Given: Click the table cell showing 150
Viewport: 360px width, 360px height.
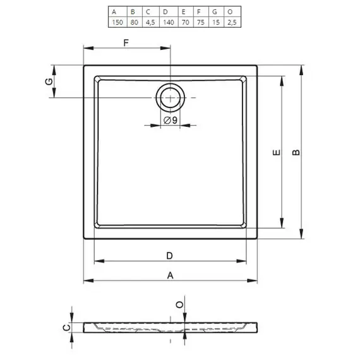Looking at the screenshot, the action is (117, 22).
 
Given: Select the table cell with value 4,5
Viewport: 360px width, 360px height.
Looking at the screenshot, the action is (150, 22).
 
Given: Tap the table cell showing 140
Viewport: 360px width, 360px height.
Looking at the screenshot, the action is (169, 22).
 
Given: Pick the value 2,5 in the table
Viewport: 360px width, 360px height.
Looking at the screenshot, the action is (232, 22).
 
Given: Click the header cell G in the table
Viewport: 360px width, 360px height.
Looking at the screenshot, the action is (215, 12).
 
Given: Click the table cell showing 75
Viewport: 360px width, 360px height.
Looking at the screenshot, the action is (201, 22).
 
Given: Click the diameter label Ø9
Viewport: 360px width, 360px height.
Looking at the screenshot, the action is (171, 120).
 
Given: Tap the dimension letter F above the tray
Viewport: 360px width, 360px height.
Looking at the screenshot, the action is (126, 43).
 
